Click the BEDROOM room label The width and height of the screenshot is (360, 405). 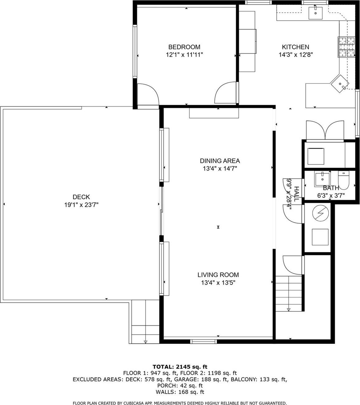[184, 47]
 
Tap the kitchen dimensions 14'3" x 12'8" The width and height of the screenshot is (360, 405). [295, 55]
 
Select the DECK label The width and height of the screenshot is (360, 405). [81, 197]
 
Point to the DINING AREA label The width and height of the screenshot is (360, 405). [220, 161]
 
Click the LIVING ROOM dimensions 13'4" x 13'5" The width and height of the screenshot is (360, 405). [218, 282]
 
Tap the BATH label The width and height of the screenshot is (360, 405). [331, 188]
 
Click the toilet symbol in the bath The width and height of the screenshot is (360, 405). [344, 180]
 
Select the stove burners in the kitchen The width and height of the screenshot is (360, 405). [347, 47]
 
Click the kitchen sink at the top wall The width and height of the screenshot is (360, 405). [316, 13]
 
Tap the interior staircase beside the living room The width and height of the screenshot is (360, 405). [288, 293]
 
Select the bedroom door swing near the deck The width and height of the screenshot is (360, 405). [148, 94]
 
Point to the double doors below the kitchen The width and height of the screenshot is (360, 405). [325, 130]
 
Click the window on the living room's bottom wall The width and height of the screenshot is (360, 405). [203, 341]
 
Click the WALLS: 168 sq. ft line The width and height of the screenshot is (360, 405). [180, 392]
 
